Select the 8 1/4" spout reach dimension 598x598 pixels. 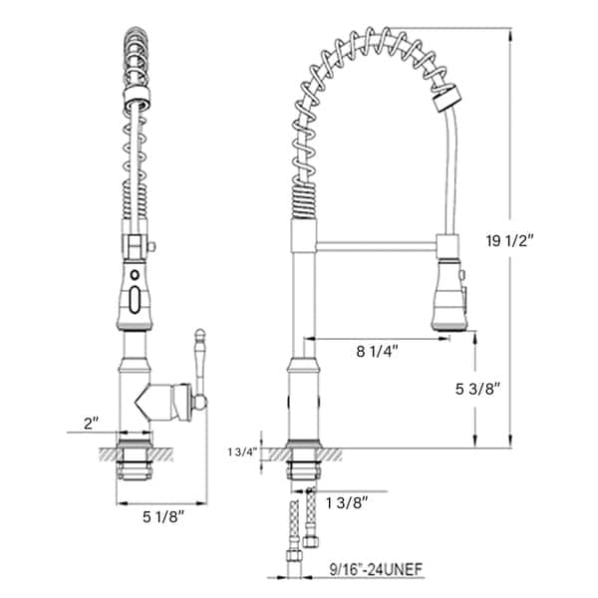point(379,351)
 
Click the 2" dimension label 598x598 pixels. point(92,423)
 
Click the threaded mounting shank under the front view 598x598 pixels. point(134,463)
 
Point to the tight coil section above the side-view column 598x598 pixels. point(302,199)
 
